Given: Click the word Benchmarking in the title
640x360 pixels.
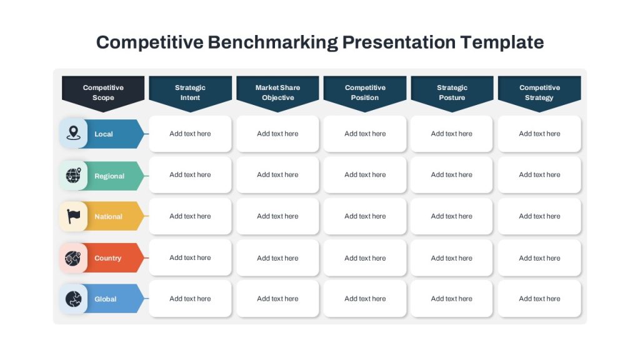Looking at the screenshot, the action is click(272, 42).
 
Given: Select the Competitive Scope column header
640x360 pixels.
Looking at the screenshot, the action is click(103, 94).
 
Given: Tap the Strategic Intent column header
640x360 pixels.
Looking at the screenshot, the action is click(190, 94).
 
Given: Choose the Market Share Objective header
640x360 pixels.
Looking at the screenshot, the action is click(277, 94).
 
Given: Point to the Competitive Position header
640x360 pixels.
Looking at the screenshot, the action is click(365, 94).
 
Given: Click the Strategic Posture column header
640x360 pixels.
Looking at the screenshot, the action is click(452, 94).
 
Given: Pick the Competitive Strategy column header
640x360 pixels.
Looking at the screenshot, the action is click(539, 94).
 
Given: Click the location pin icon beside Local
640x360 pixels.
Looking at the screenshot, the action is click(74, 133).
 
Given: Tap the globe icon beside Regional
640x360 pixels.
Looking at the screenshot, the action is click(74, 175).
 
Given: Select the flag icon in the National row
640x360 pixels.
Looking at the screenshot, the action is click(74, 216).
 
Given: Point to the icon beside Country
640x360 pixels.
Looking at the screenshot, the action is click(73, 258).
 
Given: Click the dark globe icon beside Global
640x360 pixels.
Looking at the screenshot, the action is click(74, 299).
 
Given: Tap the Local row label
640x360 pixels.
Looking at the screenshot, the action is click(104, 134).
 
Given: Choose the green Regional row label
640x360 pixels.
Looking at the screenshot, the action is click(109, 176).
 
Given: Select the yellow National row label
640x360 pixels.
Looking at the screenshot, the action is click(109, 216).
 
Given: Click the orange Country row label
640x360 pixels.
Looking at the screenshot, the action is click(107, 258).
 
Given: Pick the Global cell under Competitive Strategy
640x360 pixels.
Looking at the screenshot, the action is click(539, 298).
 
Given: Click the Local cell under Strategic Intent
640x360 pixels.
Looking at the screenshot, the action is click(190, 134).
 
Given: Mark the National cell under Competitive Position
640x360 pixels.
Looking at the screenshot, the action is click(365, 216).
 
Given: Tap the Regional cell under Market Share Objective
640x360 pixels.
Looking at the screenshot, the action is click(277, 175).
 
